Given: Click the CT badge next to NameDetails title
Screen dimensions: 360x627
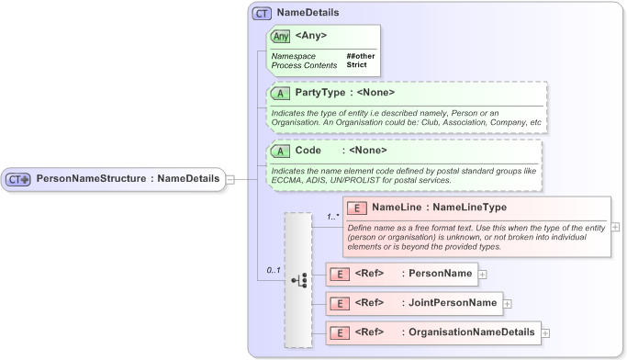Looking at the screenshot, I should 262,14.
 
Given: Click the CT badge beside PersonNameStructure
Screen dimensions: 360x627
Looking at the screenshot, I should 19,179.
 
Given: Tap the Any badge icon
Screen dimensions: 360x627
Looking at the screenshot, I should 280,37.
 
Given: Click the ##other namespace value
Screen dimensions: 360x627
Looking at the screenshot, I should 361,56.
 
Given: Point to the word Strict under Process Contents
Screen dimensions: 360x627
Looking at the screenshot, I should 357,65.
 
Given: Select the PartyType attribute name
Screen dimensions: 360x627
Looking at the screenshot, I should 319,93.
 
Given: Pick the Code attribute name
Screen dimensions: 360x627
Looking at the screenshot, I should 308,151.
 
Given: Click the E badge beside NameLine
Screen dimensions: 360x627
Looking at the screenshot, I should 357,208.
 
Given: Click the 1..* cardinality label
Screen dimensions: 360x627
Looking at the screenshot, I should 331,217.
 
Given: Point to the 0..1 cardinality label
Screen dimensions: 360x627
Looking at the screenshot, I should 273,271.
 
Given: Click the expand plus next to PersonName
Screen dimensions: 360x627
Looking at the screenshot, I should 482,274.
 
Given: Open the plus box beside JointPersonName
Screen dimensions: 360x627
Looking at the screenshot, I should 507,303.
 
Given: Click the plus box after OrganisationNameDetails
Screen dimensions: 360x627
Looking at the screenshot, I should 544,332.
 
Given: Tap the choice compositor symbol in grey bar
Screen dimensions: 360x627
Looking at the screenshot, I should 298,279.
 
